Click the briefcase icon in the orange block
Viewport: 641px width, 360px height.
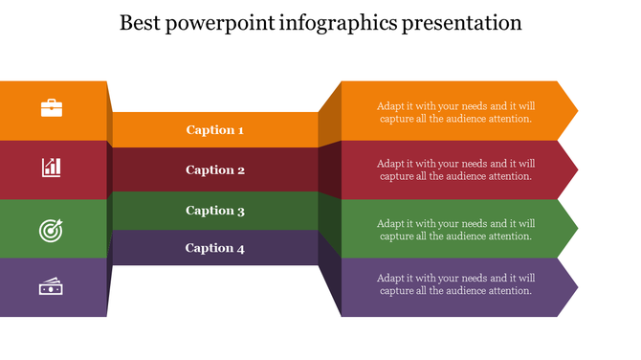52,108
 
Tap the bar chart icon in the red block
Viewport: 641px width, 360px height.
52,168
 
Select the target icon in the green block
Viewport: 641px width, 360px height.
51,230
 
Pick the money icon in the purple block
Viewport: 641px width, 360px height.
51,285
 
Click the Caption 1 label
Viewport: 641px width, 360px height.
214,130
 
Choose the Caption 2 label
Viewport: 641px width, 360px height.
214,170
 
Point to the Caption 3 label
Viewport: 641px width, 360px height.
214,211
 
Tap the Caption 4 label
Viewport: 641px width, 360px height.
214,248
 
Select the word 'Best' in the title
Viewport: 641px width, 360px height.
141,23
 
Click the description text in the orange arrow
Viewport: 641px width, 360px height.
455,112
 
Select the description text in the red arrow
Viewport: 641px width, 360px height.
455,169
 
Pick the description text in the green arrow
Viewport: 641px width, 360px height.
455,230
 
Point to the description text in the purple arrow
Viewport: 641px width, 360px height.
455,284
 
